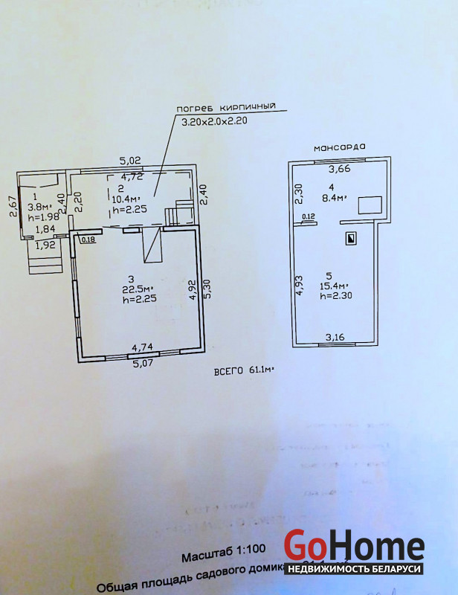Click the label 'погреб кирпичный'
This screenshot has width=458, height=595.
pyautogui.click(x=225, y=107)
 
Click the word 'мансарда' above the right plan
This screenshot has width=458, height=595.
pyautogui.click(x=339, y=147)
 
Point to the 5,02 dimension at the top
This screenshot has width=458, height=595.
pyautogui.click(x=131, y=160)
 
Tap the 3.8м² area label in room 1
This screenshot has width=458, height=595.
pyautogui.click(x=39, y=207)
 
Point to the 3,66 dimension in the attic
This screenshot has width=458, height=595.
pyautogui.click(x=340, y=170)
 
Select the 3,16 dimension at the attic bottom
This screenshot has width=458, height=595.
pyautogui.click(x=335, y=338)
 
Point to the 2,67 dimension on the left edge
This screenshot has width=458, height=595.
pyautogui.click(x=13, y=206)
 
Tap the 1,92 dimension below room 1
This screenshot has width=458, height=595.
pyautogui.click(x=46, y=245)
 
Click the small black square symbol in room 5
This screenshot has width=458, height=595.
pyautogui.click(x=351, y=239)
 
